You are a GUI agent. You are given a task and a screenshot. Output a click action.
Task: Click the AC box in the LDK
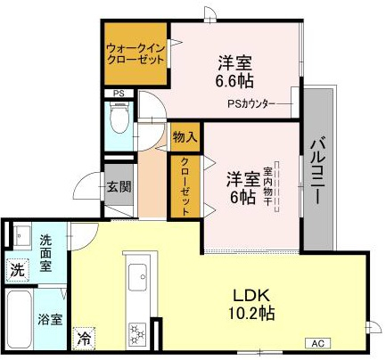(x=318, y=343)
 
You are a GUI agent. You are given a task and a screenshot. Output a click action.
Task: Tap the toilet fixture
(x=119, y=118)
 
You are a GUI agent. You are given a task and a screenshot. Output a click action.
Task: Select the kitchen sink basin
(x=138, y=277)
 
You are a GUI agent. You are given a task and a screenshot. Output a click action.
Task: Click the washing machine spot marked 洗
(x=18, y=270)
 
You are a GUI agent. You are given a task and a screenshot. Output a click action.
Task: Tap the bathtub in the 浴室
(x=20, y=320)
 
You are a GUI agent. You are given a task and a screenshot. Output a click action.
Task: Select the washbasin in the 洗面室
(x=22, y=236)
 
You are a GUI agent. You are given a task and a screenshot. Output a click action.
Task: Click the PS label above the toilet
(x=119, y=94)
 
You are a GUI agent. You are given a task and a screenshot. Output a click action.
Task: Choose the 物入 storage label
(x=185, y=137)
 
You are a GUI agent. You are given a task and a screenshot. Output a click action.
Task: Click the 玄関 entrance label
(x=119, y=187)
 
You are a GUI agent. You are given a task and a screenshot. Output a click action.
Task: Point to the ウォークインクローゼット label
(x=136, y=53)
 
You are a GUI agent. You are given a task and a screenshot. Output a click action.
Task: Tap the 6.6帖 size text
(x=234, y=80)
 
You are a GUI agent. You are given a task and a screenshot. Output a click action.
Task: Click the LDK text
(x=251, y=296)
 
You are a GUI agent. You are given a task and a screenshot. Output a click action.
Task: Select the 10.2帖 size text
(x=251, y=313)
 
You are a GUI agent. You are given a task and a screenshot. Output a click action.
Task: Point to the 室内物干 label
(x=267, y=186)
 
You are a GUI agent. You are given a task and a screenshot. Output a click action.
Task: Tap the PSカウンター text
(x=251, y=103)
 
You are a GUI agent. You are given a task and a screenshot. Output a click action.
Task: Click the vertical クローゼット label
(x=185, y=187)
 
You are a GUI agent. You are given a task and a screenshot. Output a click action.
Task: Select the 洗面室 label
(x=46, y=253)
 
